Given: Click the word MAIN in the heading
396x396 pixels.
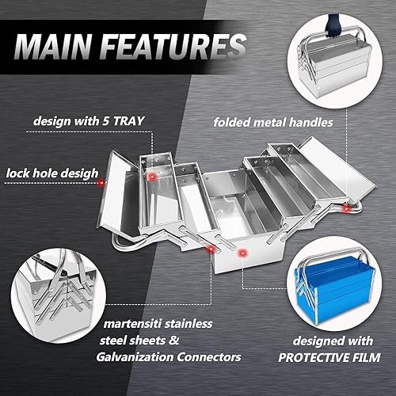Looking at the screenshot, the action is (x=53, y=47).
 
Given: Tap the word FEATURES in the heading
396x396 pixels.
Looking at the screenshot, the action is (x=173, y=47).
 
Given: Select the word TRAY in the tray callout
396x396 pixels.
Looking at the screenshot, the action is (x=128, y=121).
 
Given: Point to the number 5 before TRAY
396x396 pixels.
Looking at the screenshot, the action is (x=106, y=121).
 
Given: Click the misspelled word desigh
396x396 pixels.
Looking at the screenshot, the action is (x=82, y=174).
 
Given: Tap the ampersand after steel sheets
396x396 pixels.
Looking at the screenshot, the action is (x=173, y=340).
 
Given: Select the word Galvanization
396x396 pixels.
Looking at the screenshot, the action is (x=135, y=357).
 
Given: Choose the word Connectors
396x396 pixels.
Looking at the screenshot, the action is (x=209, y=357).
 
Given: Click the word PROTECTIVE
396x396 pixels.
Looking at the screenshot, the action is (x=311, y=358).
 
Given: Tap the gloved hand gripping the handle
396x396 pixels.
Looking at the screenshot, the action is (x=333, y=26).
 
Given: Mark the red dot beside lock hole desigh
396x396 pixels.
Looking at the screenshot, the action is (x=101, y=182).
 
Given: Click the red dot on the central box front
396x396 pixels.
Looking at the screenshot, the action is (x=242, y=253).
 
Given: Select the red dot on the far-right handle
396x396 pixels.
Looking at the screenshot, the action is (x=347, y=209).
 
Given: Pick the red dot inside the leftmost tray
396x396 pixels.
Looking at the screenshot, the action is (x=152, y=177).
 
